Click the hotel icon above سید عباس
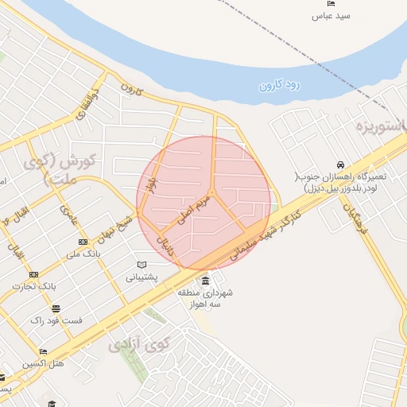pyautogui.click(x=332, y=3)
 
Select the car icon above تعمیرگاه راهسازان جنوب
pyautogui.click(x=340, y=164)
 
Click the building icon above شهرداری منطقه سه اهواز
pyautogui.click(x=206, y=281)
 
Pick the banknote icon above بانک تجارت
pyautogui.click(x=33, y=274)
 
